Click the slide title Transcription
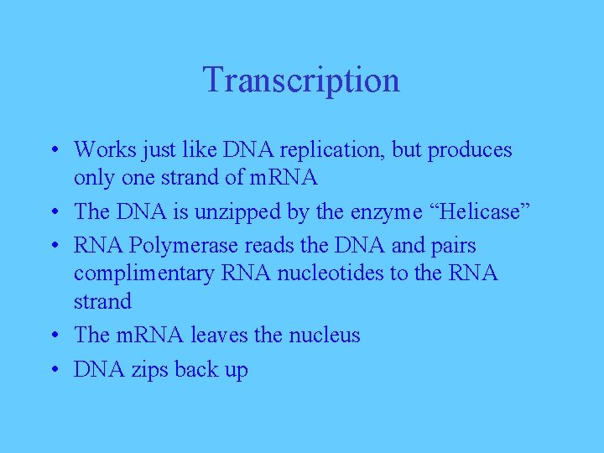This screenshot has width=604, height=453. click(x=301, y=81)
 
